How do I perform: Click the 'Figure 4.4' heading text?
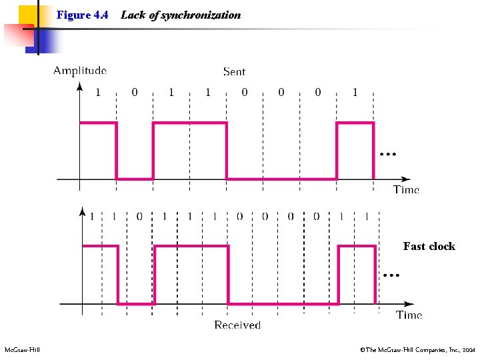click(83, 15)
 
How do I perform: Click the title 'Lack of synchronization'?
click(181, 15)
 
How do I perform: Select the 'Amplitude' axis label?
click(80, 70)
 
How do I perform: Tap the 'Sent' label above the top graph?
click(234, 71)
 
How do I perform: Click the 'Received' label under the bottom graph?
click(237, 325)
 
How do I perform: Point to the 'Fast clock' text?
click(429, 246)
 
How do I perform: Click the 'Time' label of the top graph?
click(406, 189)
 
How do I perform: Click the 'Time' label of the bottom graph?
click(409, 315)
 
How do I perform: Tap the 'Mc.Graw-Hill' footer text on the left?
click(22, 349)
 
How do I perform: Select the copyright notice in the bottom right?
click(417, 349)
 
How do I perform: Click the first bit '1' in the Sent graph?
click(98, 92)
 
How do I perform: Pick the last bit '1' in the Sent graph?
click(355, 92)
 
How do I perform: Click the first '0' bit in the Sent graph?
click(135, 92)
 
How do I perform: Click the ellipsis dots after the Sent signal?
click(387, 154)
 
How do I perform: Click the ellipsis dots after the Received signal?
click(391, 275)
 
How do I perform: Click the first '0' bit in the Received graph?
click(139, 216)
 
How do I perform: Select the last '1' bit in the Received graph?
click(367, 216)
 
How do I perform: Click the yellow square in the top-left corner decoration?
click(26, 13)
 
